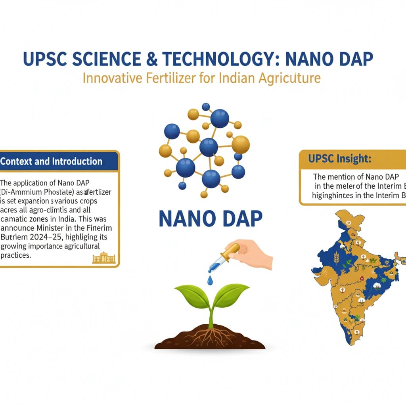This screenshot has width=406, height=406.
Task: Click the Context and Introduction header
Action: tap(52, 161)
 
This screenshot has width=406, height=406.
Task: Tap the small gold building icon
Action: tap(103, 258)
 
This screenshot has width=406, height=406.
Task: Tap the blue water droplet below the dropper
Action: tap(210, 280)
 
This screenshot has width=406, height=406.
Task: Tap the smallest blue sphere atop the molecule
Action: tap(205, 107)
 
